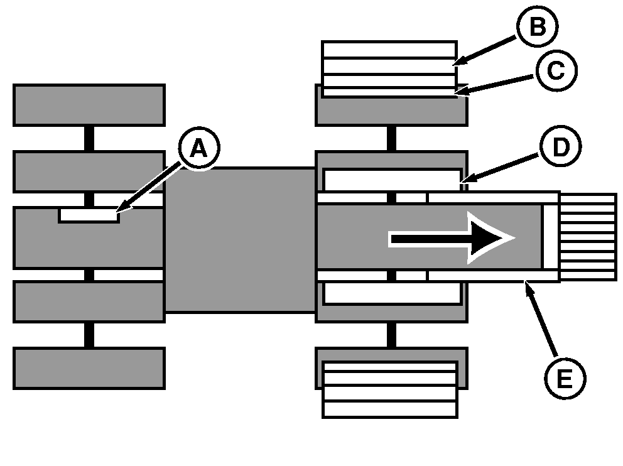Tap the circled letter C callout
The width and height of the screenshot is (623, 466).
tap(555, 71)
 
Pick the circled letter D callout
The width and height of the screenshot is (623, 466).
tap(559, 147)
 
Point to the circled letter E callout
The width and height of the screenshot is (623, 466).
tap(565, 379)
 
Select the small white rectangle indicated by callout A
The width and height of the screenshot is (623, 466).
tap(89, 215)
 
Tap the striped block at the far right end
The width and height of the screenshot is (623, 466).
tap(588, 237)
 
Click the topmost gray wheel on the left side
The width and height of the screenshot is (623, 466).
tap(89, 105)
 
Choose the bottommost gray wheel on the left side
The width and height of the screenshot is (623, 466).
tap(89, 368)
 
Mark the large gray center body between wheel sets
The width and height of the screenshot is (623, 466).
tap(239, 239)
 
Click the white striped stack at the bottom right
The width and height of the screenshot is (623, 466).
tap(389, 389)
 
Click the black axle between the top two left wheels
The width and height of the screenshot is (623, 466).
tap(89, 138)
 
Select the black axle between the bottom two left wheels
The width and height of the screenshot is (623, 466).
tap(89, 335)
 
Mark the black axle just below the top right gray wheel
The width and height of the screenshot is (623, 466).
tap(391, 138)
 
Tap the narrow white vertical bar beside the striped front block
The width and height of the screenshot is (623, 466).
tap(550, 237)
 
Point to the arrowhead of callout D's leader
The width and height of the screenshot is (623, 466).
tap(461, 183)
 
